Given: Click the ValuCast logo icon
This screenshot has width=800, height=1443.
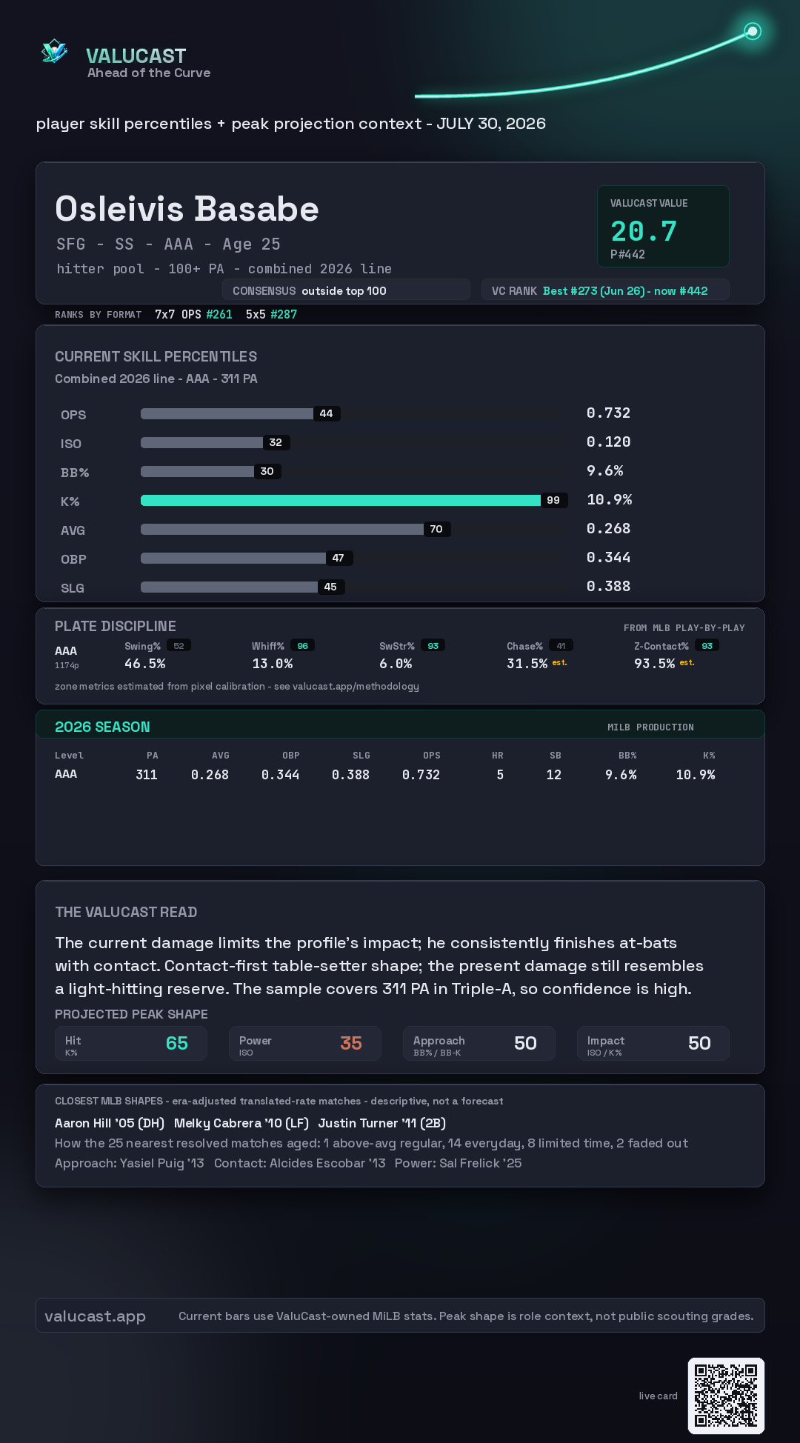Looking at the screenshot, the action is [54, 51].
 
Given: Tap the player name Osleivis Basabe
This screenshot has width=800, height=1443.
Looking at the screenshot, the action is [187, 210].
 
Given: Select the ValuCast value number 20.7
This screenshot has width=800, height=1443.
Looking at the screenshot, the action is [644, 232].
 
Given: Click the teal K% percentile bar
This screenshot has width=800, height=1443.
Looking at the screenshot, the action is [341, 501].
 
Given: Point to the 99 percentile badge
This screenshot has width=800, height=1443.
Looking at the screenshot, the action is [553, 501].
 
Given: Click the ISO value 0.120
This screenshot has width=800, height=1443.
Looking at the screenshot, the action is [609, 442].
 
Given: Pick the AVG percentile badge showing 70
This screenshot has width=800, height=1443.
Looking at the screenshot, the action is [436, 530].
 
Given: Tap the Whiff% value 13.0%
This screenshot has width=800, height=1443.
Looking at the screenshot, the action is [273, 664].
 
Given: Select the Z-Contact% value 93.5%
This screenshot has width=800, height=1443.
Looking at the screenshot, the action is [654, 664].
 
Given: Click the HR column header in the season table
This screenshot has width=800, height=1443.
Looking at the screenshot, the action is [498, 756].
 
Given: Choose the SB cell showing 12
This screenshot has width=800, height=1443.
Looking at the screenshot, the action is [554, 775].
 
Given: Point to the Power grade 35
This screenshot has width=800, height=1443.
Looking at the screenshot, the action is [351, 1044].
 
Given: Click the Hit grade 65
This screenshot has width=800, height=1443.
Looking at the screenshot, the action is [177, 1044].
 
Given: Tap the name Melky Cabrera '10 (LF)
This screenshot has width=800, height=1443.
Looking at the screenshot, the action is [241, 1124].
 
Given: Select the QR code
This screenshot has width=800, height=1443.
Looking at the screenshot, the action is [726, 1396].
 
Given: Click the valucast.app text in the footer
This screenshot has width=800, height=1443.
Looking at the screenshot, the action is [95, 1316].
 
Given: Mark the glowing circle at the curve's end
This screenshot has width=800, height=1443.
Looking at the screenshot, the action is [753, 31].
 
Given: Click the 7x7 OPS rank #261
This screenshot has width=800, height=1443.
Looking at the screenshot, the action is [219, 315].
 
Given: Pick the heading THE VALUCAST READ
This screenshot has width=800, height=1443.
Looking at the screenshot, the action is [126, 913].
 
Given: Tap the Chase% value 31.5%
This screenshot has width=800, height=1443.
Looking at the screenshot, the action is [527, 664].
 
